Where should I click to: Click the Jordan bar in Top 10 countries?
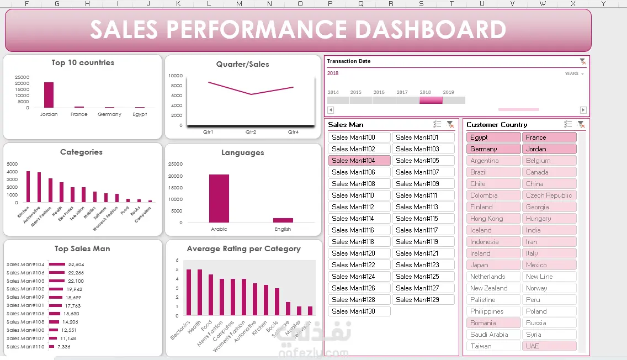click(49, 95)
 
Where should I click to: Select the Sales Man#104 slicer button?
click(359, 161)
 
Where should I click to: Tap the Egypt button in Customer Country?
click(493, 137)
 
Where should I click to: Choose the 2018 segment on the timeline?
click(431, 100)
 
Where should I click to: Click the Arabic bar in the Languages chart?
click(219, 199)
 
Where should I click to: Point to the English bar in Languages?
click(283, 220)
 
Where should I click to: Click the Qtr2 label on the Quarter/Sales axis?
click(251, 133)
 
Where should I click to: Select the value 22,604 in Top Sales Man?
click(76, 264)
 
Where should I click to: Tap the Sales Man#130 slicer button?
click(359, 311)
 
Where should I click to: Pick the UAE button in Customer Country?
click(549, 346)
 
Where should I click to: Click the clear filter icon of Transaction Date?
click(582, 61)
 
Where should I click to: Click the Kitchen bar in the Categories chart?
click(28, 187)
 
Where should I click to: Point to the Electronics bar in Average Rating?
click(188, 293)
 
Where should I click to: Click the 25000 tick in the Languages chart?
click(175, 164)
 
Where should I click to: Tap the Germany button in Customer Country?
click(493, 149)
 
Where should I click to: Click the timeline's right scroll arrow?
click(583, 110)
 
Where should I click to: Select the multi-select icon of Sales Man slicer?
click(437, 125)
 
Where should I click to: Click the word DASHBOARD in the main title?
click(430, 29)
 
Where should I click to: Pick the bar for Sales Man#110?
click(51, 347)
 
